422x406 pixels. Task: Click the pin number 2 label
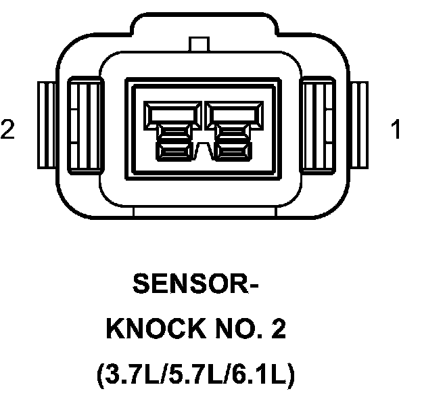(8, 129)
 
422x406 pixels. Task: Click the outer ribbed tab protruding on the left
(46, 126)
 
